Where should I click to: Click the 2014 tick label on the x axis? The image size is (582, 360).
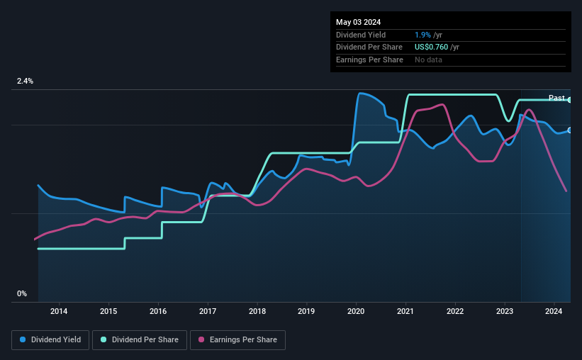point(59,311)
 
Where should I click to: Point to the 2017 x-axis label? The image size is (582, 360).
point(208,311)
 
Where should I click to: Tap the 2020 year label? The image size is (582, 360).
point(356,311)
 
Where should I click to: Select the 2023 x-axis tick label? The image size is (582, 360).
point(505,311)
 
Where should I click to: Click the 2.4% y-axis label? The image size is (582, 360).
point(25,81)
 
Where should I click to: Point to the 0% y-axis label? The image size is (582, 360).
point(22,293)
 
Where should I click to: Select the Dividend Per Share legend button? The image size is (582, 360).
point(140,340)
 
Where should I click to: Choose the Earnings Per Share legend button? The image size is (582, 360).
point(237,340)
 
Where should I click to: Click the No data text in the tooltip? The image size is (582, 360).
point(428,60)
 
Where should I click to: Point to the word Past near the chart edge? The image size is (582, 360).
point(556,98)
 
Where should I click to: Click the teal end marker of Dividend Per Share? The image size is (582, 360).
point(570,100)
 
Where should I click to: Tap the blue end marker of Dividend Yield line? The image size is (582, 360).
point(570,130)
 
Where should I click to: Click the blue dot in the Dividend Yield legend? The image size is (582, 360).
point(23,340)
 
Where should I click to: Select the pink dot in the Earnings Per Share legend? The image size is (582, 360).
point(201,340)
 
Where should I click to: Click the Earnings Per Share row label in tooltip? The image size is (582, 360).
point(369,60)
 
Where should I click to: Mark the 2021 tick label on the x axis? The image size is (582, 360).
point(405,311)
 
